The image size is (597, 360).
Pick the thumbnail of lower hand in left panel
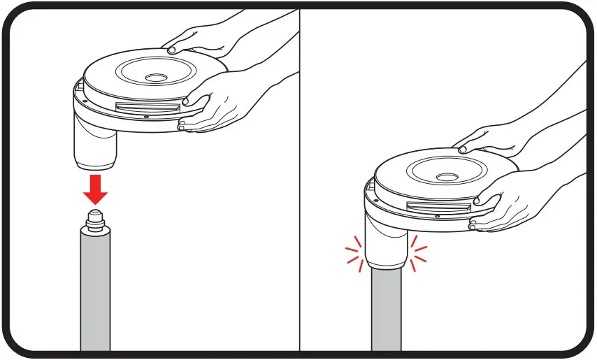(186, 103)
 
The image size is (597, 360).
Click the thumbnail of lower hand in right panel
(477, 201)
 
